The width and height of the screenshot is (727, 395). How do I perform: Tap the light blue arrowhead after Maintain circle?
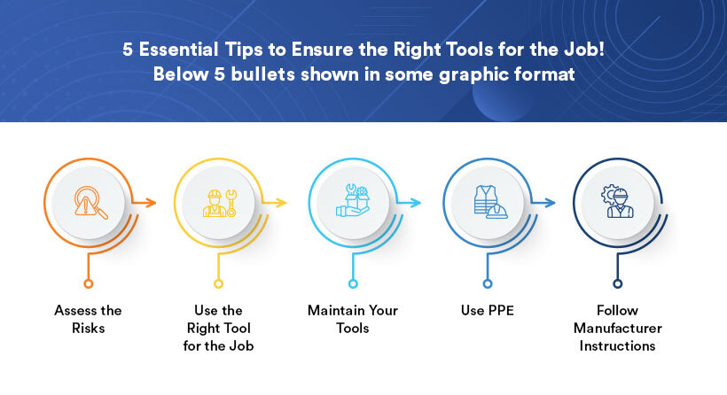tap(417, 203)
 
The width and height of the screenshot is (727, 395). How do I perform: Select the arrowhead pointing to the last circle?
tap(551, 203)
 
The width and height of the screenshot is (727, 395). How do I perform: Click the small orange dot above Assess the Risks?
tap(88, 283)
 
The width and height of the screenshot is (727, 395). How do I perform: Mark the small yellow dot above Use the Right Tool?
tap(219, 283)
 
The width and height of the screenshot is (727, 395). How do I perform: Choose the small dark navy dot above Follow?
tap(618, 283)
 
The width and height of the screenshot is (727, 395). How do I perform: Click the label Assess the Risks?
tap(88, 319)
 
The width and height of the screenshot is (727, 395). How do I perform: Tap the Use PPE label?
tap(486, 311)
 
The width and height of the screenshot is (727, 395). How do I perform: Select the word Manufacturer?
tap(617, 329)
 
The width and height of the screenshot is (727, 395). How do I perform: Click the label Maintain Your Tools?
tap(352, 319)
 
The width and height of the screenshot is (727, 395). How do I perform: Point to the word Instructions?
tap(617, 345)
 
